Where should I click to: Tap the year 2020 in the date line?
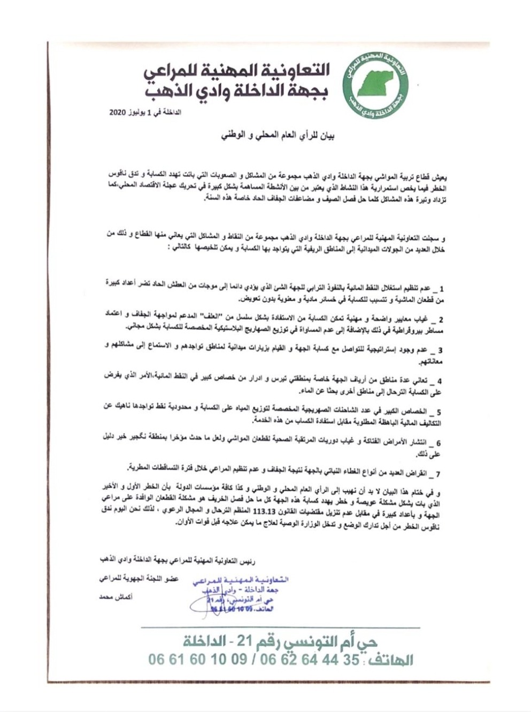[x=117, y=113]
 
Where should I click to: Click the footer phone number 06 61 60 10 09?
[x=197, y=659]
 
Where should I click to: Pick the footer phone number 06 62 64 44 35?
[x=310, y=659]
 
